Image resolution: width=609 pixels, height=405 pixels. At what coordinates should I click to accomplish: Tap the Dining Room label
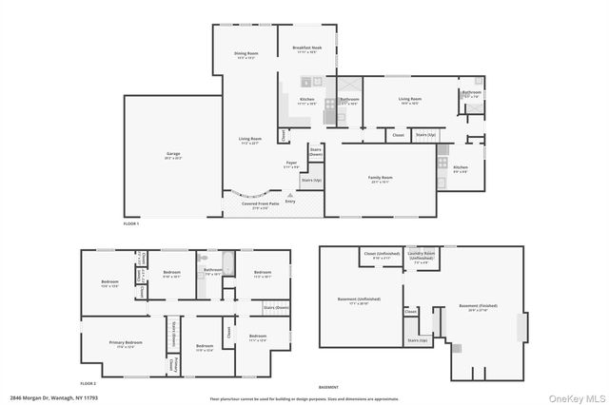pyautogui.click(x=246, y=55)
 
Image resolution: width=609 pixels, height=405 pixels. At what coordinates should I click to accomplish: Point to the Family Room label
pyautogui.click(x=381, y=179)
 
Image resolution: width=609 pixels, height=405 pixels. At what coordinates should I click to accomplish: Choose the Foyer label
pyautogui.click(x=292, y=164)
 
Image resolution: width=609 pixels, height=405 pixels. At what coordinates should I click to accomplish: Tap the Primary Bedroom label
pyautogui.click(x=125, y=344)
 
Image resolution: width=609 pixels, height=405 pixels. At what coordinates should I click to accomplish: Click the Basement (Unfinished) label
pyautogui.click(x=359, y=301)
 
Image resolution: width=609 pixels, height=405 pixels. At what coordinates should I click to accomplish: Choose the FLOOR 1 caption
pyautogui.click(x=131, y=222)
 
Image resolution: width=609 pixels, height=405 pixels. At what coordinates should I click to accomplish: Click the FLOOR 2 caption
pyautogui.click(x=88, y=381)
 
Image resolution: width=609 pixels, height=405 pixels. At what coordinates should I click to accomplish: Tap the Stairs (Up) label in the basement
pyautogui.click(x=416, y=339)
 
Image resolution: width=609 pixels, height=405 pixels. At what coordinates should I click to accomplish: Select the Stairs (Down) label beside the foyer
pyautogui.click(x=315, y=151)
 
